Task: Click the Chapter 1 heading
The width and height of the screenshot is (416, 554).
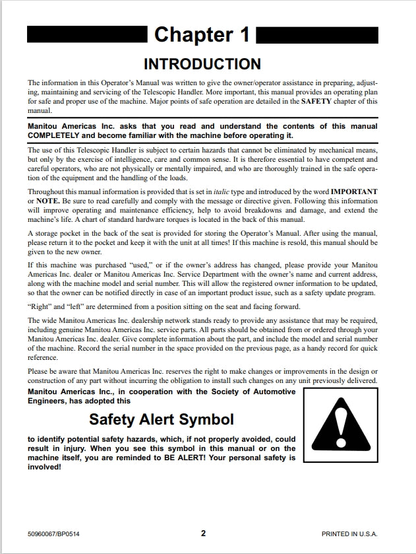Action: (x=202, y=35)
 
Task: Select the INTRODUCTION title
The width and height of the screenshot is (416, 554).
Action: (x=202, y=64)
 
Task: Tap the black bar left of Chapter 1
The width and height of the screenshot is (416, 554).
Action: (x=86, y=34)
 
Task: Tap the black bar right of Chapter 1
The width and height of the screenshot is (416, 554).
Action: (x=317, y=34)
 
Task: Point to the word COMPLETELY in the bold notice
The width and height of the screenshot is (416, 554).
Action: (x=56, y=135)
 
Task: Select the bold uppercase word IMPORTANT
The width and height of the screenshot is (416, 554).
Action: (x=354, y=191)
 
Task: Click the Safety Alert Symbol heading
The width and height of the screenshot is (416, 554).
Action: (x=161, y=419)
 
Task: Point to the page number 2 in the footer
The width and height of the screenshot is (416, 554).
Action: (x=204, y=534)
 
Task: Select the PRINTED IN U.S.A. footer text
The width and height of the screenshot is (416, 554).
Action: (x=349, y=534)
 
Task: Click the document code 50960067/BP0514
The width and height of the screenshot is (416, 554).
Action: (x=58, y=534)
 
